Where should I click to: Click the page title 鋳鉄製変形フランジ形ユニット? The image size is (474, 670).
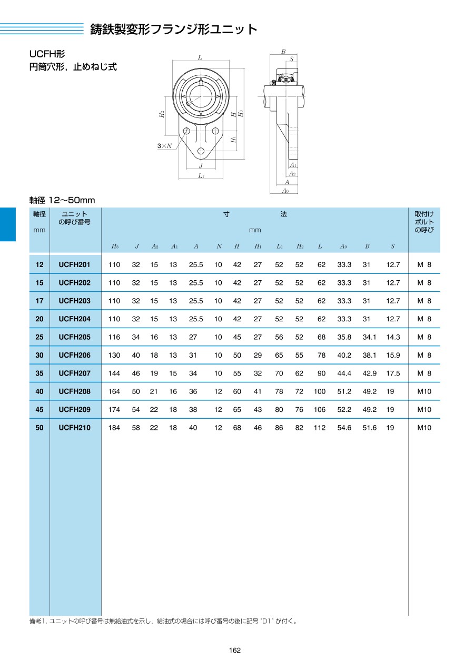[x=174, y=29]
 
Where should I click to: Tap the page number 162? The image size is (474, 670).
[x=235, y=651]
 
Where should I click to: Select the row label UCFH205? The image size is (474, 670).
[x=75, y=337]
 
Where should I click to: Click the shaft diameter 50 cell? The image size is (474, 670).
[x=39, y=428]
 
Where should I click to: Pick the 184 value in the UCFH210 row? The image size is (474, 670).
[x=114, y=428]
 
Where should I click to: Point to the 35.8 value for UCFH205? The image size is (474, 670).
[x=344, y=337]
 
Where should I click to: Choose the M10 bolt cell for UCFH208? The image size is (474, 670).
[x=424, y=391]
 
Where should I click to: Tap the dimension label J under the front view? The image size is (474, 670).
[x=201, y=165]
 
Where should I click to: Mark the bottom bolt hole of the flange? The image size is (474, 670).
[x=201, y=151]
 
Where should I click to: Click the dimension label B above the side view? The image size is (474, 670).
[x=283, y=52]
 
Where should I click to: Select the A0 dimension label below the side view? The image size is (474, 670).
[x=285, y=191]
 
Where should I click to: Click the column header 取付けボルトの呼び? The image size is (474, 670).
[x=424, y=222]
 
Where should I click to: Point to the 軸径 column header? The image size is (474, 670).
[x=39, y=214]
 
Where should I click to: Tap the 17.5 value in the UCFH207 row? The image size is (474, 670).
[x=393, y=373]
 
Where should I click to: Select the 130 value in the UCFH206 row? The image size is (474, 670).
[x=114, y=356]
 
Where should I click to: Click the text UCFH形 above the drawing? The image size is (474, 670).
[x=47, y=54]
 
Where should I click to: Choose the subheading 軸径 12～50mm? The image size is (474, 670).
[x=62, y=200]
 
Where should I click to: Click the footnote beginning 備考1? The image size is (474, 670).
[x=163, y=621]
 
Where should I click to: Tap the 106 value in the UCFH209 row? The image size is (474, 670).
[x=320, y=410]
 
